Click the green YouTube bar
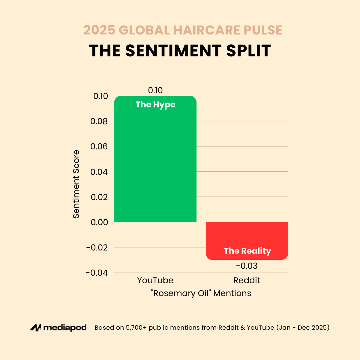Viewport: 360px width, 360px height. click(x=155, y=165)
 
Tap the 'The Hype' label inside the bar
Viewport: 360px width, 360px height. click(x=155, y=105)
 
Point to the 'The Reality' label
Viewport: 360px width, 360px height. click(x=247, y=251)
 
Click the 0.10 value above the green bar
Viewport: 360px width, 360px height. click(x=155, y=90)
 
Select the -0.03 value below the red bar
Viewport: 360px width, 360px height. click(x=247, y=266)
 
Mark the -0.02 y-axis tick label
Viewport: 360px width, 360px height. click(x=97, y=247)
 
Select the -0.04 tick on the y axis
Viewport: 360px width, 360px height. click(x=97, y=273)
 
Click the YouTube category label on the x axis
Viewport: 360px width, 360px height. click(x=155, y=280)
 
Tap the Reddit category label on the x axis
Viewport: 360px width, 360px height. click(x=247, y=280)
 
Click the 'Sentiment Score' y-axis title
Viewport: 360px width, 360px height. click(x=76, y=184)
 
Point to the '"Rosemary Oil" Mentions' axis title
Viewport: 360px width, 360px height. click(x=201, y=293)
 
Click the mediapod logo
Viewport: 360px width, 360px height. click(x=58, y=328)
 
